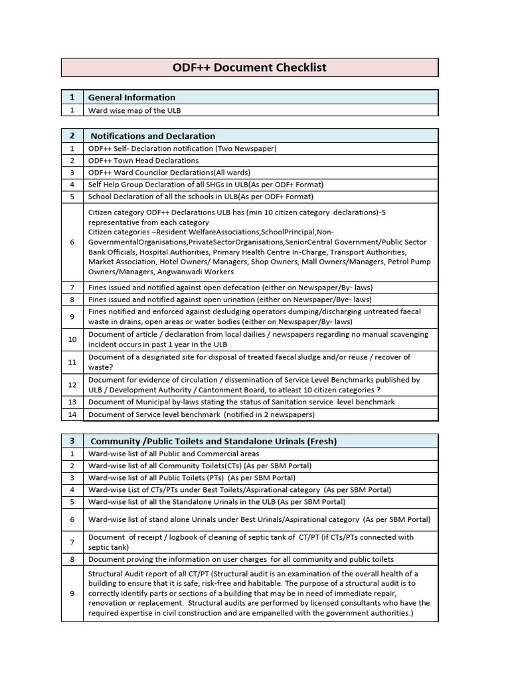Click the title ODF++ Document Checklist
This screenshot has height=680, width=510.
(250, 68)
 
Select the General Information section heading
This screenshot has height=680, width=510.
(131, 97)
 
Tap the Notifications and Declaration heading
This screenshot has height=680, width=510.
(153, 135)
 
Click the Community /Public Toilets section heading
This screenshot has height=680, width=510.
(213, 441)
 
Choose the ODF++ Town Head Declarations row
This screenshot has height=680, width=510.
(143, 161)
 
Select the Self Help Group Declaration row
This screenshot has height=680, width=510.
(206, 185)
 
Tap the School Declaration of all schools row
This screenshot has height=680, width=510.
(201, 197)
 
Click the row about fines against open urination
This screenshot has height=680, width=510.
(230, 299)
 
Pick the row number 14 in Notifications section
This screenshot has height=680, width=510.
(72, 414)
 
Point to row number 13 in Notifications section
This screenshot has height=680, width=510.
(72, 402)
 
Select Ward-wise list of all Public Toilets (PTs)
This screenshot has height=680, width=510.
(192, 477)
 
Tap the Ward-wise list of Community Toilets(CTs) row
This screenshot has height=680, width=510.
(200, 466)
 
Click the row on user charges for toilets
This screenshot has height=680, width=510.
(241, 559)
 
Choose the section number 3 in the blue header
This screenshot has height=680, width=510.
(72, 441)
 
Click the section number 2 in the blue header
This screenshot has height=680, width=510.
(72, 135)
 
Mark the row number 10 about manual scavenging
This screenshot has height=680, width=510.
(72, 339)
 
